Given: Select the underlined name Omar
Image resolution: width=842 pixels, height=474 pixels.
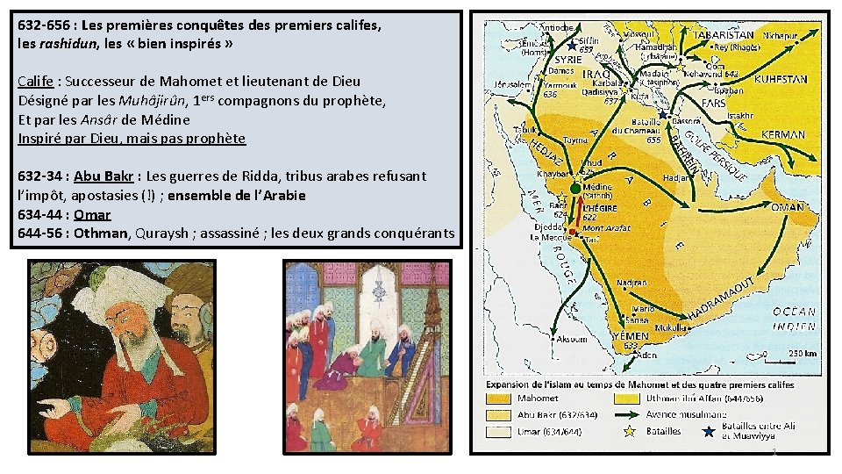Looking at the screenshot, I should (92, 214).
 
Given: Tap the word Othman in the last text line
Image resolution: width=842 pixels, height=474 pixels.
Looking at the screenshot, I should (99, 233).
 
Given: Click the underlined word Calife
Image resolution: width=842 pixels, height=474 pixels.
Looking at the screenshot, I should (36, 82).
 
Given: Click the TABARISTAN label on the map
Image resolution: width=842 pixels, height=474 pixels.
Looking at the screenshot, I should (724, 36).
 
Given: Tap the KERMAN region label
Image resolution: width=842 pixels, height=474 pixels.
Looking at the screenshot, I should (782, 135).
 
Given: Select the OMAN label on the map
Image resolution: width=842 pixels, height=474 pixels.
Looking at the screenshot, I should (787, 207).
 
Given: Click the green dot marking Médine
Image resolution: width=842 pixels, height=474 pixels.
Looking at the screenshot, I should (575, 187).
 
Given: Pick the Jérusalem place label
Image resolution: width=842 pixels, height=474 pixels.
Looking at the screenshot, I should (513, 84).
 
